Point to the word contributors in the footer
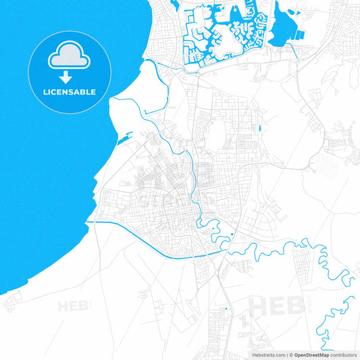(x=343, y=355)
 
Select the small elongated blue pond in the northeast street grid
(x=260, y=128)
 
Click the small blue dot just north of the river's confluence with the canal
(x=232, y=234)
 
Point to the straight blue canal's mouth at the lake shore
(x=88, y=222)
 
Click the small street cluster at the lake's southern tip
(x=11, y=303)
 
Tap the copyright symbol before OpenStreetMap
(x=292, y=355)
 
